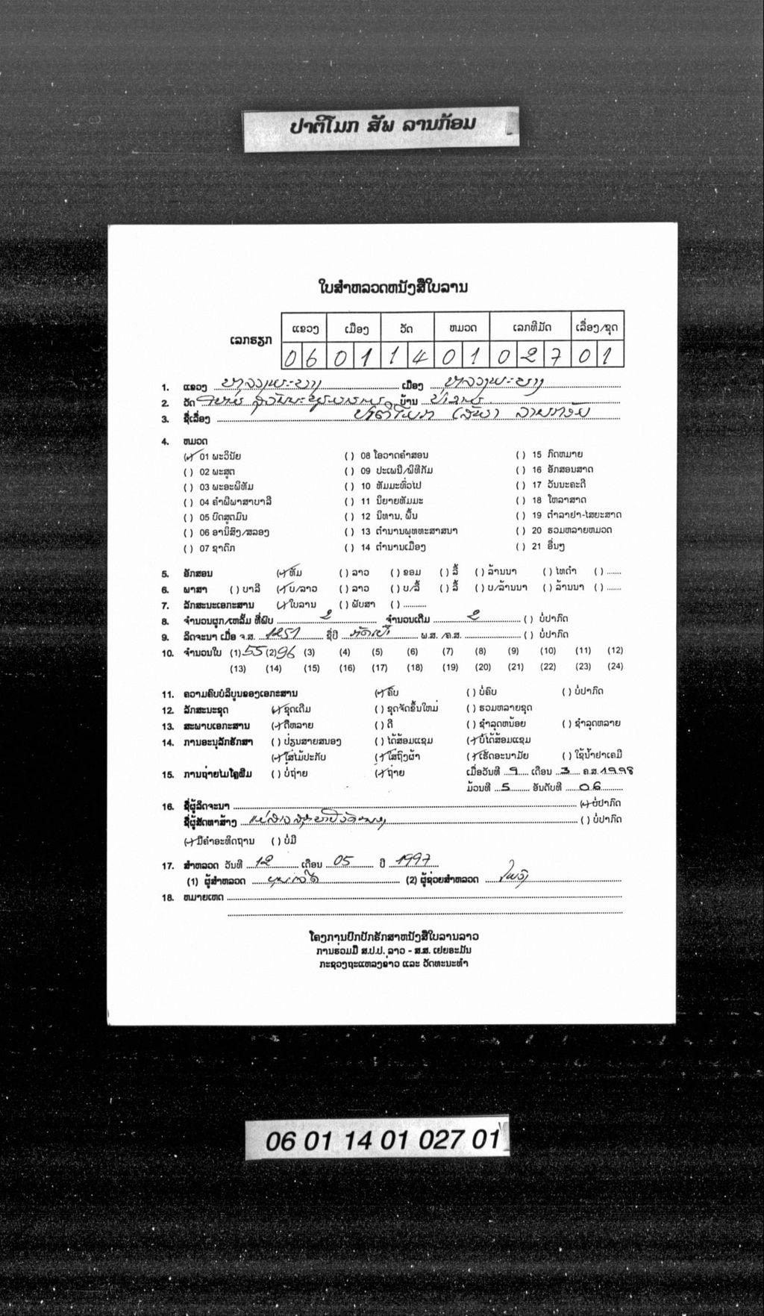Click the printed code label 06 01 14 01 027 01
point(377,1140)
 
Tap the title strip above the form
point(381,129)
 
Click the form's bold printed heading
point(393,287)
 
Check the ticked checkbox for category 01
point(190,455)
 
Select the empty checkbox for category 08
point(349,455)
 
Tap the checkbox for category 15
point(521,455)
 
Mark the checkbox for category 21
point(521,547)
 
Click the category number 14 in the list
point(366,547)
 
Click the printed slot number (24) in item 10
point(615,667)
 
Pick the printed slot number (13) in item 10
point(239,668)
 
